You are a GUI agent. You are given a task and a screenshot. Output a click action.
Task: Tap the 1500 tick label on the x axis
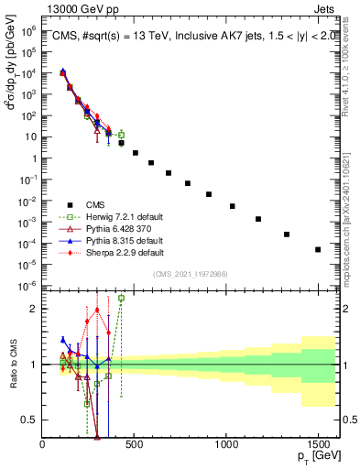click(318, 445)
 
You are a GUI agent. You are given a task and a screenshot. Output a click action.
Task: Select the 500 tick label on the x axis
click(135, 445)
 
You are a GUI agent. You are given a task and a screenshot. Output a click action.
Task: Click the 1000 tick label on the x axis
click(226, 445)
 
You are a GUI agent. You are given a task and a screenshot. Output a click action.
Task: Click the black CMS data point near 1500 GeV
click(318, 249)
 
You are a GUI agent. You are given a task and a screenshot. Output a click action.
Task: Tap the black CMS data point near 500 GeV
click(136, 153)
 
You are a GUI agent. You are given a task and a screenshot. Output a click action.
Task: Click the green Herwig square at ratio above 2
click(121, 298)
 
